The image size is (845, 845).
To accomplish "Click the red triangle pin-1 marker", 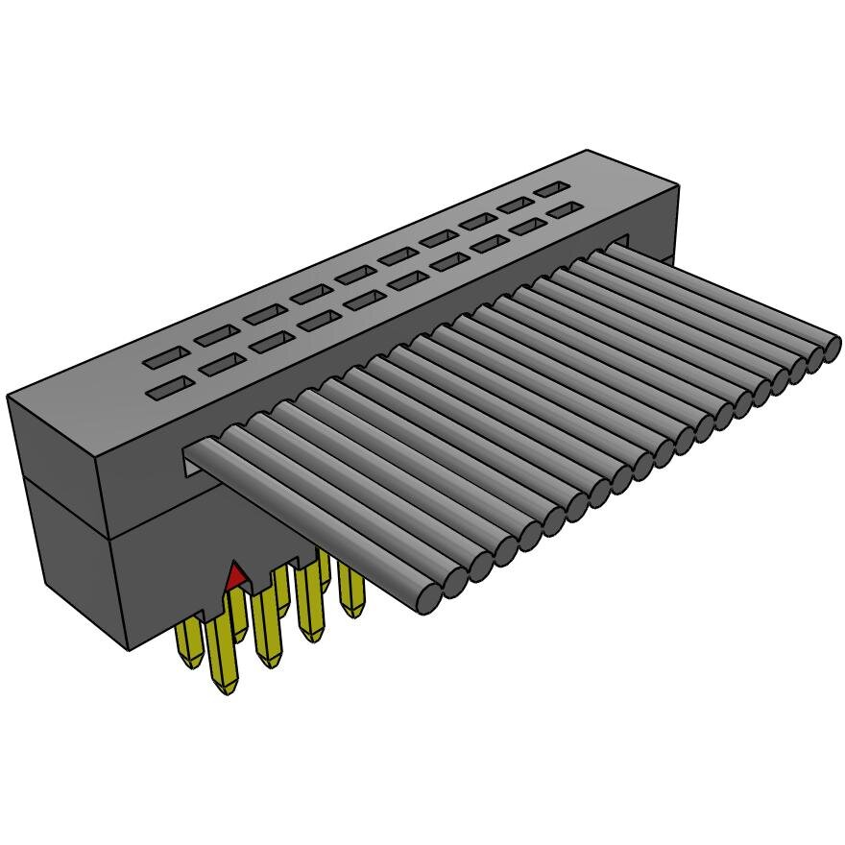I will click(234, 577).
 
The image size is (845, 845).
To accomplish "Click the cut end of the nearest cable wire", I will click(428, 596).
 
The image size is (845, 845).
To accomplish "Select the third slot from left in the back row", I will click(262, 315).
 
